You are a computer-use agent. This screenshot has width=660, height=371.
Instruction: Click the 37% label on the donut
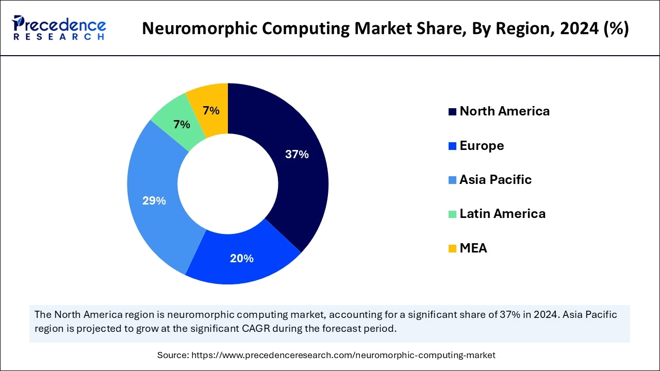pos(296,154)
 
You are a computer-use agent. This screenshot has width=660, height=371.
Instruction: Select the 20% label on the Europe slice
pos(241,258)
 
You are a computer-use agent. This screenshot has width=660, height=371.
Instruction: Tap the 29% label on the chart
pos(154,201)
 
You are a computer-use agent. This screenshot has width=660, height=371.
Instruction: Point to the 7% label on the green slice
pos(181,124)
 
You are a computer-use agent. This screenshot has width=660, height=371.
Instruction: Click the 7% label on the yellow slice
pos(211,110)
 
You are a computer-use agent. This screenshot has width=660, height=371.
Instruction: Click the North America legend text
pos(504,111)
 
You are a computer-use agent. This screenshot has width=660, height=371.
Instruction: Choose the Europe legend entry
pos(482,145)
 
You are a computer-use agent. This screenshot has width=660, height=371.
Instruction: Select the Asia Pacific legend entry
pos(495,179)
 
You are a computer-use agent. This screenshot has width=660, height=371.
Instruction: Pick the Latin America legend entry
pos(502,213)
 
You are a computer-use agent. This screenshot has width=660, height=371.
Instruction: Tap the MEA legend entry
pos(473,248)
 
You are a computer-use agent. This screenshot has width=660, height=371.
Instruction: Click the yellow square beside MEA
pos(452,248)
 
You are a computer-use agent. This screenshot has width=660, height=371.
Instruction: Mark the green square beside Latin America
pos(452,214)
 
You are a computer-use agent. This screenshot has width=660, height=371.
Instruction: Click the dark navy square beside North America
pos(452,111)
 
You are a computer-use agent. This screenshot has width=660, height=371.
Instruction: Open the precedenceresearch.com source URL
pos(343,355)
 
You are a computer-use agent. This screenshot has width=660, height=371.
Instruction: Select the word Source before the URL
pos(173,355)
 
